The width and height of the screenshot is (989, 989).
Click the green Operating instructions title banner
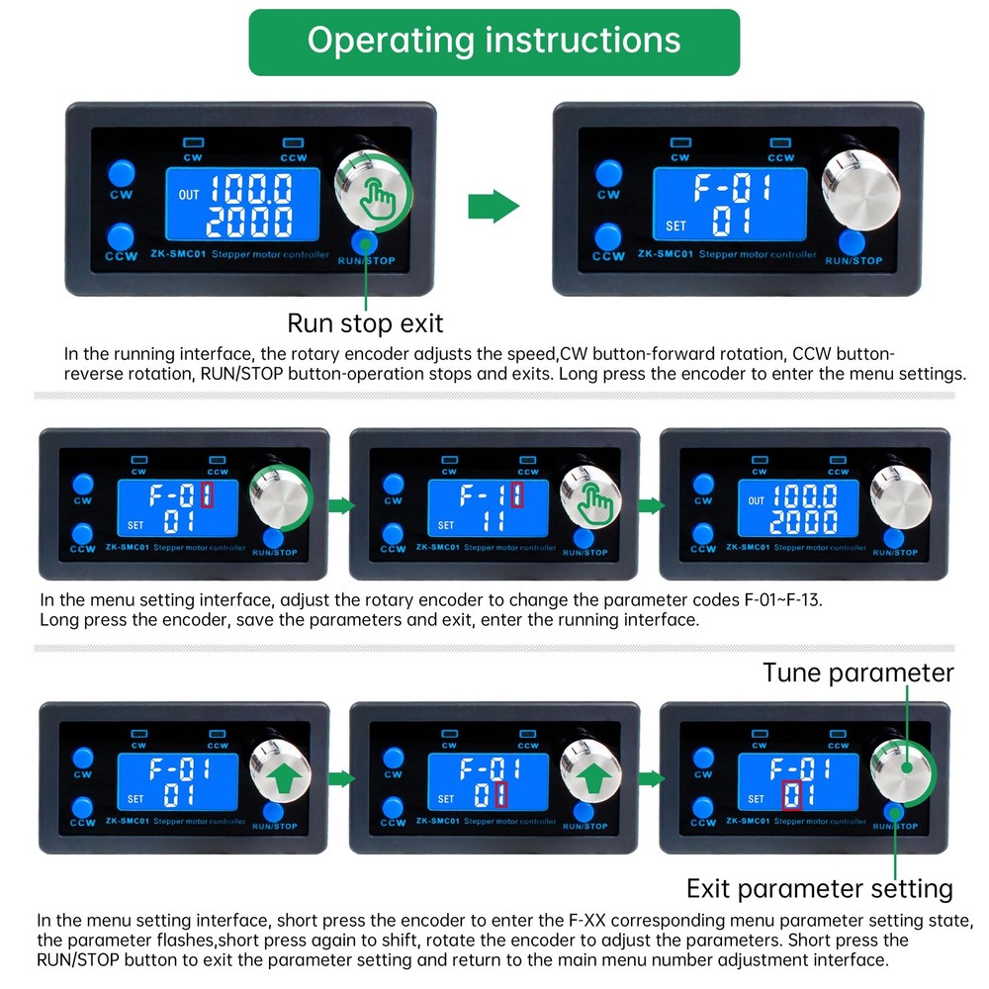494,43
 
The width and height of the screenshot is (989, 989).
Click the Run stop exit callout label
365,323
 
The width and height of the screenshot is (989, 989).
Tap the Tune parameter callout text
857,673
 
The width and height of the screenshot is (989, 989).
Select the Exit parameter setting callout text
819,889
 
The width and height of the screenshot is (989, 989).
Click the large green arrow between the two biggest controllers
494,206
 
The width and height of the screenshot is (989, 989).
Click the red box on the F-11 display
517,495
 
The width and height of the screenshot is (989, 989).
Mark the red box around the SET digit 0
791,795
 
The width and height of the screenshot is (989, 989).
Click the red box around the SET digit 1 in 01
501,794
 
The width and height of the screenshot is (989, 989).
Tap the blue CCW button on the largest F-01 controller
607,236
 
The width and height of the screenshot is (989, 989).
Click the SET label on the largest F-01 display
675,225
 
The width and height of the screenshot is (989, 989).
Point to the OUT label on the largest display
189,195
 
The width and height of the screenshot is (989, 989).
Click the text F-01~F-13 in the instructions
782,599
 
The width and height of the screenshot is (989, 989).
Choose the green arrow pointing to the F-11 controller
341,505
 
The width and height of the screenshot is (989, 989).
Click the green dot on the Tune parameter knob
907,767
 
